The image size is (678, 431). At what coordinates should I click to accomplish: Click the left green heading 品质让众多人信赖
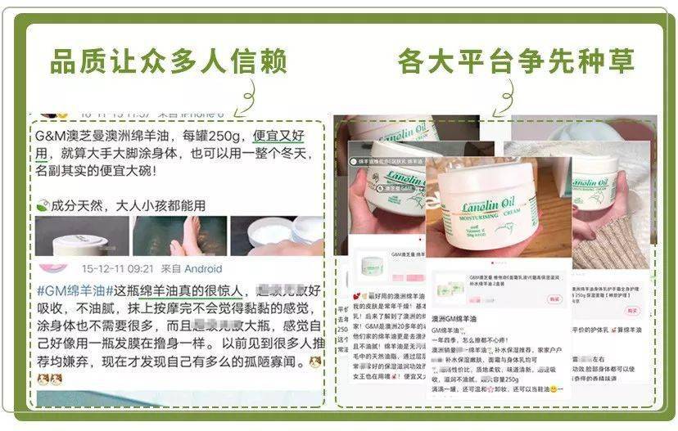click(168, 61)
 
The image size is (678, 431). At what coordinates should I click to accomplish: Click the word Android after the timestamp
click(202, 268)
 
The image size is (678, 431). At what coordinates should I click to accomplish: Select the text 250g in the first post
click(229, 133)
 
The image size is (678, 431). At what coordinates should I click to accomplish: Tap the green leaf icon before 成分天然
click(43, 206)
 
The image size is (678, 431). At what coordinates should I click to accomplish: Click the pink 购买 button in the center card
click(554, 299)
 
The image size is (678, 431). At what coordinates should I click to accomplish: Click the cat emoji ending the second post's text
click(314, 361)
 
